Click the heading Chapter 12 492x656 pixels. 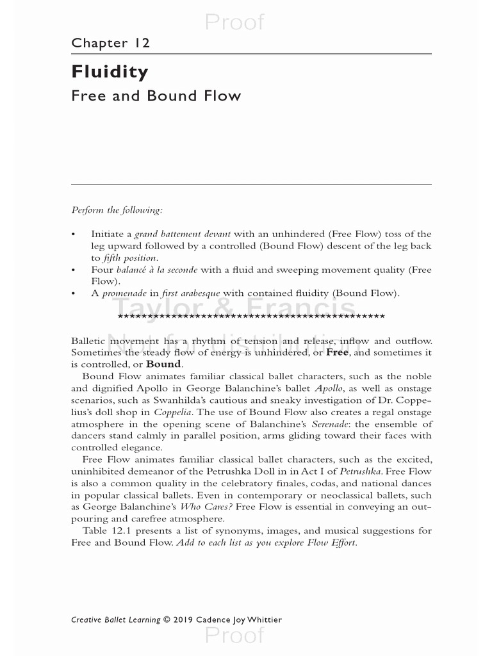click(x=111, y=44)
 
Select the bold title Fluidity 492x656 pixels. click(x=110, y=72)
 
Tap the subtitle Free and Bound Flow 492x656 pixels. click(x=156, y=96)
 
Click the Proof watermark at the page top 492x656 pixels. click(x=234, y=22)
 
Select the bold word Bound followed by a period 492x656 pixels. click(x=164, y=364)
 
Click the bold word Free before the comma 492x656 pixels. click(x=337, y=352)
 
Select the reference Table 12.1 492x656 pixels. click(x=106, y=530)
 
